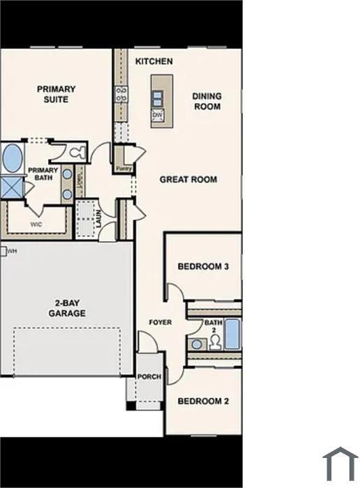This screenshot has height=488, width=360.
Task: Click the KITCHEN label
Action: point(153,61)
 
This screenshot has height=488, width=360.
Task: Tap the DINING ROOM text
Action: point(207,102)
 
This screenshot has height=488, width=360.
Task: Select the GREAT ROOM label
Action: point(188,179)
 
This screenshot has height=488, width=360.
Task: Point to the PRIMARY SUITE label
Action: point(57,94)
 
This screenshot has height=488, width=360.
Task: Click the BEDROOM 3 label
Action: point(203,266)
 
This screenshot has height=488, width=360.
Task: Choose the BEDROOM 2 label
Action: point(203,401)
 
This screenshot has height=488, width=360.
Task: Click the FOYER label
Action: point(160,322)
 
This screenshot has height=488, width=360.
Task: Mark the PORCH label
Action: point(149,376)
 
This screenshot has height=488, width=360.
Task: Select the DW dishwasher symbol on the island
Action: point(158,115)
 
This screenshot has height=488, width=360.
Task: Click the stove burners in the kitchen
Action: point(122,94)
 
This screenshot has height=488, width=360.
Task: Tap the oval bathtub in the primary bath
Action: point(12,158)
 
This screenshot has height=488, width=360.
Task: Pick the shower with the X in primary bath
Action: point(11,187)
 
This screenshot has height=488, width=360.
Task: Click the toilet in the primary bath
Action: point(75,151)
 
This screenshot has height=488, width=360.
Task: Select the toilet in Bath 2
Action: point(215,342)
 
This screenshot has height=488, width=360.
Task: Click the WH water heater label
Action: point(11,251)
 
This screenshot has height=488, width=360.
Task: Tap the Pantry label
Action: point(123,168)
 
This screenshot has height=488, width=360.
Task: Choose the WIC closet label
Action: point(36,225)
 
